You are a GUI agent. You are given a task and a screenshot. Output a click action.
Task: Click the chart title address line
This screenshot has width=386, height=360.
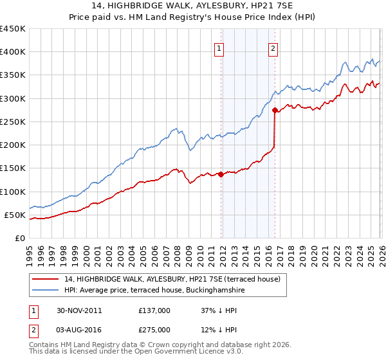193,6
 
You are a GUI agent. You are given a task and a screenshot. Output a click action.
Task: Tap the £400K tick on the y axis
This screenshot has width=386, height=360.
13,52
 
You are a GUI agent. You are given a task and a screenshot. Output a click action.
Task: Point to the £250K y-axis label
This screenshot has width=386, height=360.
13,122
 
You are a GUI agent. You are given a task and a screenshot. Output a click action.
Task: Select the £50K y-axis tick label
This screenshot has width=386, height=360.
15,215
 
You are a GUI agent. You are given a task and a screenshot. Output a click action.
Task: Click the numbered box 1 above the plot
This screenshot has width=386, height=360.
219,48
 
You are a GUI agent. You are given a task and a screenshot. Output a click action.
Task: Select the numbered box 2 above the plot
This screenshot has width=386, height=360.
273,48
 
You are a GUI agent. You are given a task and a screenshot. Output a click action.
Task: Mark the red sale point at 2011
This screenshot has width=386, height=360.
221,174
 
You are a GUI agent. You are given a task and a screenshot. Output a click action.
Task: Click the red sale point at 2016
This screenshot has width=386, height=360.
275,111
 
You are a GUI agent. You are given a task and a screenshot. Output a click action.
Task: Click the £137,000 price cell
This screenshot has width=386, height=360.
154,310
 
